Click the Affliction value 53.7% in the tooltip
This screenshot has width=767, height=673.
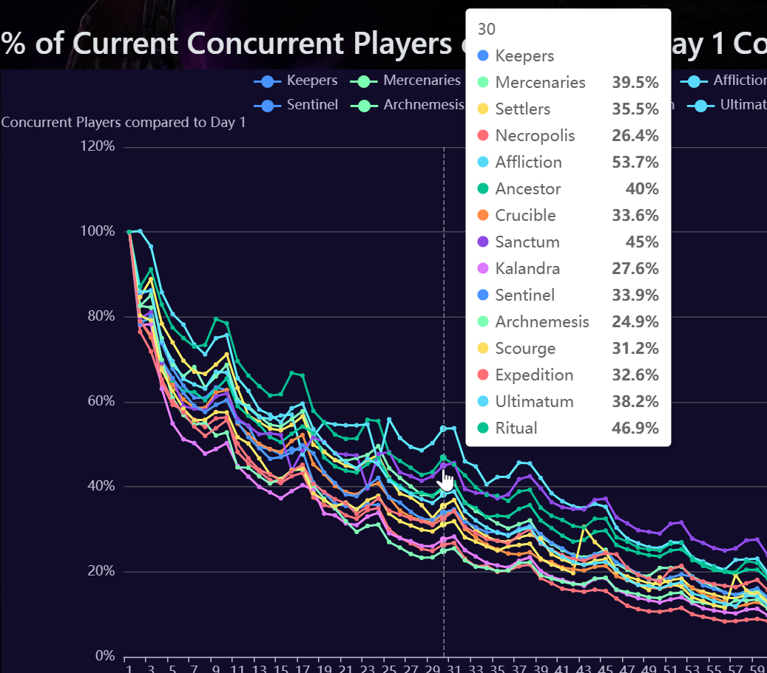pos(635,162)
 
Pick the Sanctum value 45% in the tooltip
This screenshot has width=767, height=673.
pos(642,242)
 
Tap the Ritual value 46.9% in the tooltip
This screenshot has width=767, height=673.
pos(635,428)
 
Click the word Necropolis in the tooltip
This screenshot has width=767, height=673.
pos(535,135)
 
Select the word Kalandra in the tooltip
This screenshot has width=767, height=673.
pos(527,268)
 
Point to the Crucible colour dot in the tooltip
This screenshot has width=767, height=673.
pos(483,215)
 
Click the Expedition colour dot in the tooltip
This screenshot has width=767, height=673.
pos(483,375)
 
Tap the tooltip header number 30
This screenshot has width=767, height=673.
pos(487,29)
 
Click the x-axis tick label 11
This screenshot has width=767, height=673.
pos(237,667)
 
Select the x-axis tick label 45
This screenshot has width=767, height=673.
pos(604,667)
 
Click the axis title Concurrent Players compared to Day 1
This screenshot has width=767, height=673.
pos(123,122)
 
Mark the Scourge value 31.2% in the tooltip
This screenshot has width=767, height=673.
pos(635,348)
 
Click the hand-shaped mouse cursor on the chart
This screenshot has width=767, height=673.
pos(446,482)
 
